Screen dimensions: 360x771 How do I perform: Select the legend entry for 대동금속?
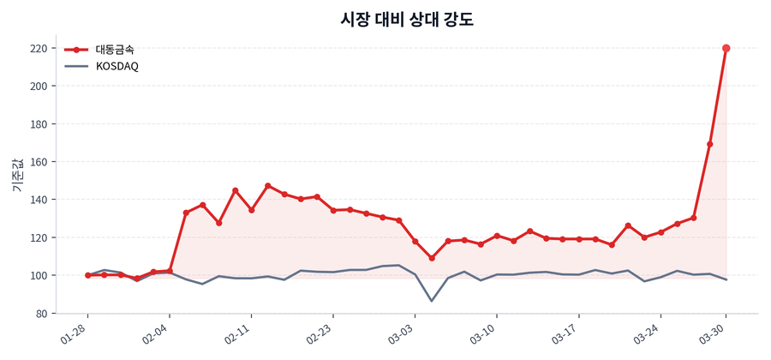[114, 50]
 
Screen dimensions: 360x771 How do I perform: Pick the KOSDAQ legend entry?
[117, 66]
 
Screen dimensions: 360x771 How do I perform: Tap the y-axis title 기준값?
[16, 175]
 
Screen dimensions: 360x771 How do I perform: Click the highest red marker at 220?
[726, 48]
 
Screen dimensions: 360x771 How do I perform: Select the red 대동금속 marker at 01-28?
[87, 275]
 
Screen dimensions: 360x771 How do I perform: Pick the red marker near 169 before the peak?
[710, 144]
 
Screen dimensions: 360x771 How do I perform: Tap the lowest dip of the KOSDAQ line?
[432, 301]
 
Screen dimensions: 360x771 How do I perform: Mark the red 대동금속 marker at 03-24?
[660, 232]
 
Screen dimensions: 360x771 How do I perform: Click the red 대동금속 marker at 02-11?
[251, 210]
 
